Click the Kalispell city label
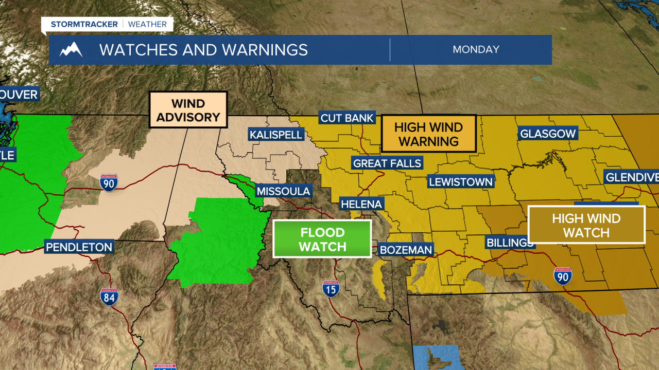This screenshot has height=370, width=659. (276, 135)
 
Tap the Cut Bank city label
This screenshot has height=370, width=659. (347, 118)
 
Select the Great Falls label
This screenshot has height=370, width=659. (387, 163)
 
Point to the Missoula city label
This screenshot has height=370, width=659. (283, 191)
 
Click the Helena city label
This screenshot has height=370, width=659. (362, 204)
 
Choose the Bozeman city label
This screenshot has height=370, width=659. (406, 250)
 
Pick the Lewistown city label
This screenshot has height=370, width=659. (461, 182)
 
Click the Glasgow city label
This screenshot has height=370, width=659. (548, 134)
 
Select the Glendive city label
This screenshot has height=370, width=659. (632, 178)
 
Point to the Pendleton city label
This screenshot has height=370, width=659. (79, 247)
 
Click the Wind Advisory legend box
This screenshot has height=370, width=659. (188, 110)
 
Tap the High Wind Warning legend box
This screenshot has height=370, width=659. (428, 134)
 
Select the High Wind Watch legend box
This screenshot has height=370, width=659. (586, 225)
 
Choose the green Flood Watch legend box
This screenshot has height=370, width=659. (322, 239)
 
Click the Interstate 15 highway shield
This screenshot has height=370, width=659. (331, 289)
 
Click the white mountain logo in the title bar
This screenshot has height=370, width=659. (71, 50)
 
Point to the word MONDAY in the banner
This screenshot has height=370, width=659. (476, 50)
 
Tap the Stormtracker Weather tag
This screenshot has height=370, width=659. (109, 24)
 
